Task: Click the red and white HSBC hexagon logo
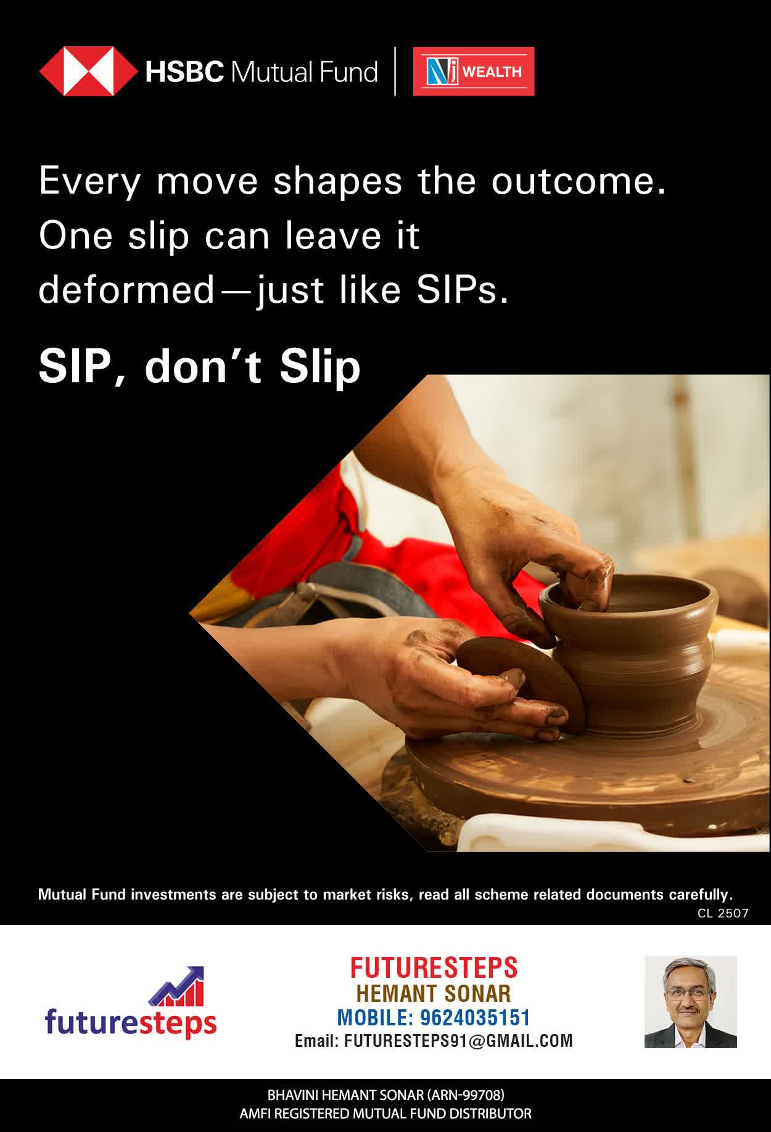pyautogui.click(x=88, y=72)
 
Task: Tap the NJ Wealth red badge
pyautogui.click(x=474, y=72)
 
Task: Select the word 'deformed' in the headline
pyautogui.click(x=126, y=289)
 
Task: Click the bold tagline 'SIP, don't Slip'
pyautogui.click(x=199, y=366)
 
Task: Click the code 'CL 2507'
pyautogui.click(x=723, y=913)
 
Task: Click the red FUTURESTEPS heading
pyautogui.click(x=434, y=967)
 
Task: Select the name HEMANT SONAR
pyautogui.click(x=434, y=993)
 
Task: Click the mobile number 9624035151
pyautogui.click(x=475, y=1017)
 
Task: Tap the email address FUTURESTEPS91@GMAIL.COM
pyautogui.click(x=458, y=1041)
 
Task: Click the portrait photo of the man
pyautogui.click(x=691, y=1002)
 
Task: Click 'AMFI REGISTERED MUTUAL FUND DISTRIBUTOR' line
pyautogui.click(x=385, y=1114)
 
